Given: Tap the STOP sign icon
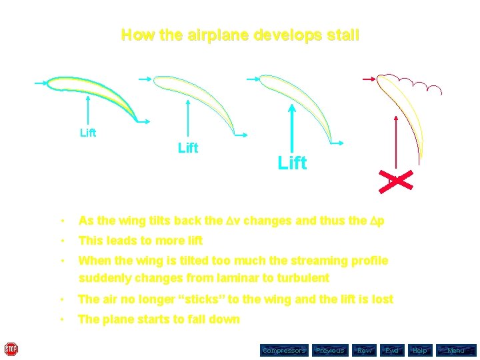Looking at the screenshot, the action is pyautogui.click(x=11, y=349).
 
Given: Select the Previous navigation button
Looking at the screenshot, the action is pyautogui.click(x=330, y=350).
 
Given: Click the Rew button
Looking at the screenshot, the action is pyautogui.click(x=364, y=350).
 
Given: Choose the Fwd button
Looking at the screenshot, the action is pyautogui.click(x=392, y=350).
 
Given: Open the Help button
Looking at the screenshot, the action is pyautogui.click(x=420, y=350).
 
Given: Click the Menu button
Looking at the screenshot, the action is pyautogui.click(x=456, y=350).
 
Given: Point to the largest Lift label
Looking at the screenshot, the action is pyautogui.click(x=292, y=163).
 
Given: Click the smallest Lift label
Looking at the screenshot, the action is pyautogui.click(x=88, y=133).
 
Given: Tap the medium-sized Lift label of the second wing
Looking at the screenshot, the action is pyautogui.click(x=188, y=148).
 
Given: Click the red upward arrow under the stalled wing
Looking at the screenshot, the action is pyautogui.click(x=397, y=143).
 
